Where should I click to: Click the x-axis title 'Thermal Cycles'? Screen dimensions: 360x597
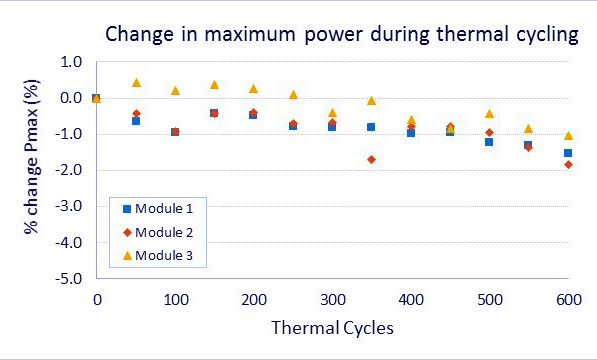[332, 327]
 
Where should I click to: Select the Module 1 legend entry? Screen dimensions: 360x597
[160, 208]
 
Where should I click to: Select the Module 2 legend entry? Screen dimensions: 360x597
[160, 232]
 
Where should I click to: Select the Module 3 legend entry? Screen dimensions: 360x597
[160, 256]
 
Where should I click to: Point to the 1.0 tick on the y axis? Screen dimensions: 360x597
[69, 62]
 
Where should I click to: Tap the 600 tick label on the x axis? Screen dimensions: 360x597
[568, 299]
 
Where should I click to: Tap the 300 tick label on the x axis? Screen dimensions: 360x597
[332, 299]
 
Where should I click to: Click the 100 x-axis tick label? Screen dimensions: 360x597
[175, 299]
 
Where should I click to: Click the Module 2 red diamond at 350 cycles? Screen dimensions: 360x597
[372, 159]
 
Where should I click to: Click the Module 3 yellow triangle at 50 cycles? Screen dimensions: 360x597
[136, 83]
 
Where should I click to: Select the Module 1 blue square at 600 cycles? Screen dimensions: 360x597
[568, 153]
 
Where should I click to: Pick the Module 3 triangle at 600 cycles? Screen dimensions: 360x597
[568, 135]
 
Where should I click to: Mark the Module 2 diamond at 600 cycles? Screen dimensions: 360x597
[568, 164]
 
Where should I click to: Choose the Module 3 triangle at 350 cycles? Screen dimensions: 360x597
[372, 100]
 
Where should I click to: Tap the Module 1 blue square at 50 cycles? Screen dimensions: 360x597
[136, 121]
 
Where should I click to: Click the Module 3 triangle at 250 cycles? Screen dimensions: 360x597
[293, 94]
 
